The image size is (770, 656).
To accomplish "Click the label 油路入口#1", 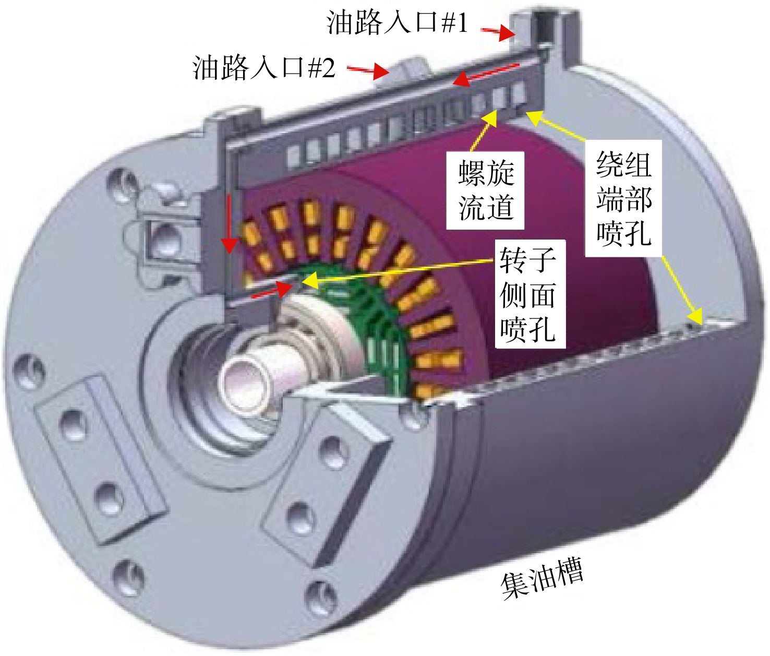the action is pos(397,22).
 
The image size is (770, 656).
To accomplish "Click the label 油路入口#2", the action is pos(264,67).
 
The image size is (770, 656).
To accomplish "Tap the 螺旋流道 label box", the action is pos(486,190).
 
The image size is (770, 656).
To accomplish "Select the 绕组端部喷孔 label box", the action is pos(623,198).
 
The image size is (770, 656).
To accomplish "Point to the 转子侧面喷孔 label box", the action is pos(531,294).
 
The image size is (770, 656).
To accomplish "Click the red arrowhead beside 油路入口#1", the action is pos(508,33).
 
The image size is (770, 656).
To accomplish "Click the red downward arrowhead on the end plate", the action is pos(230,246).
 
